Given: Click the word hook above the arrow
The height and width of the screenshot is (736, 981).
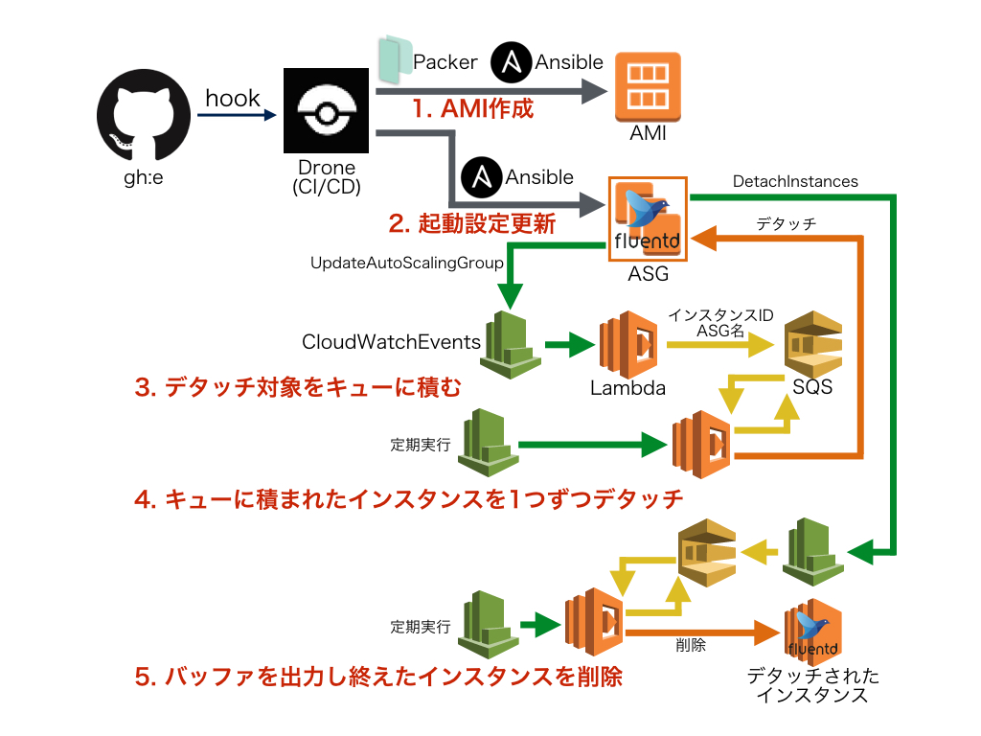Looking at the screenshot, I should tap(233, 98).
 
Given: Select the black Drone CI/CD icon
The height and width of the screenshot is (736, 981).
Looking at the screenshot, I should tap(326, 110).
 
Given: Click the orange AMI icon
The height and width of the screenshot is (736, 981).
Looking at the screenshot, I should tap(648, 85).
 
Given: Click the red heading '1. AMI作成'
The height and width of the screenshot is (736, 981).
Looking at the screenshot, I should tap(472, 108).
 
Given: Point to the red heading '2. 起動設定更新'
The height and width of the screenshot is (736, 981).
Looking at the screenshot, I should tap(471, 224).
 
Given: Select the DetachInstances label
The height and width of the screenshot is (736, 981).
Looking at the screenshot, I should tap(795, 180).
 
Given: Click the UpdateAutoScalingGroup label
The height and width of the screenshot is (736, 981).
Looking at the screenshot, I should tap(407, 262).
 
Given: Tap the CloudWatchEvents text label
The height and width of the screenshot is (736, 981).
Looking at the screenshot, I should tap(391, 342).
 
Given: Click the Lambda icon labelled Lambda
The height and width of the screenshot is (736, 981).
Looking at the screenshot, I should tap(628, 344).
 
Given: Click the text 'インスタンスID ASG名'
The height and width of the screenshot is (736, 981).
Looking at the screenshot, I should tap(720, 323).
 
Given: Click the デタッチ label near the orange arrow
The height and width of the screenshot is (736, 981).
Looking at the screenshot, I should tap(786, 223).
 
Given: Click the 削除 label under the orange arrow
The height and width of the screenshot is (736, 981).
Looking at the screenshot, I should tap(690, 645).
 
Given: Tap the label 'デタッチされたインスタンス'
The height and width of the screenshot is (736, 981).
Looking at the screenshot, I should tap(812, 686).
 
